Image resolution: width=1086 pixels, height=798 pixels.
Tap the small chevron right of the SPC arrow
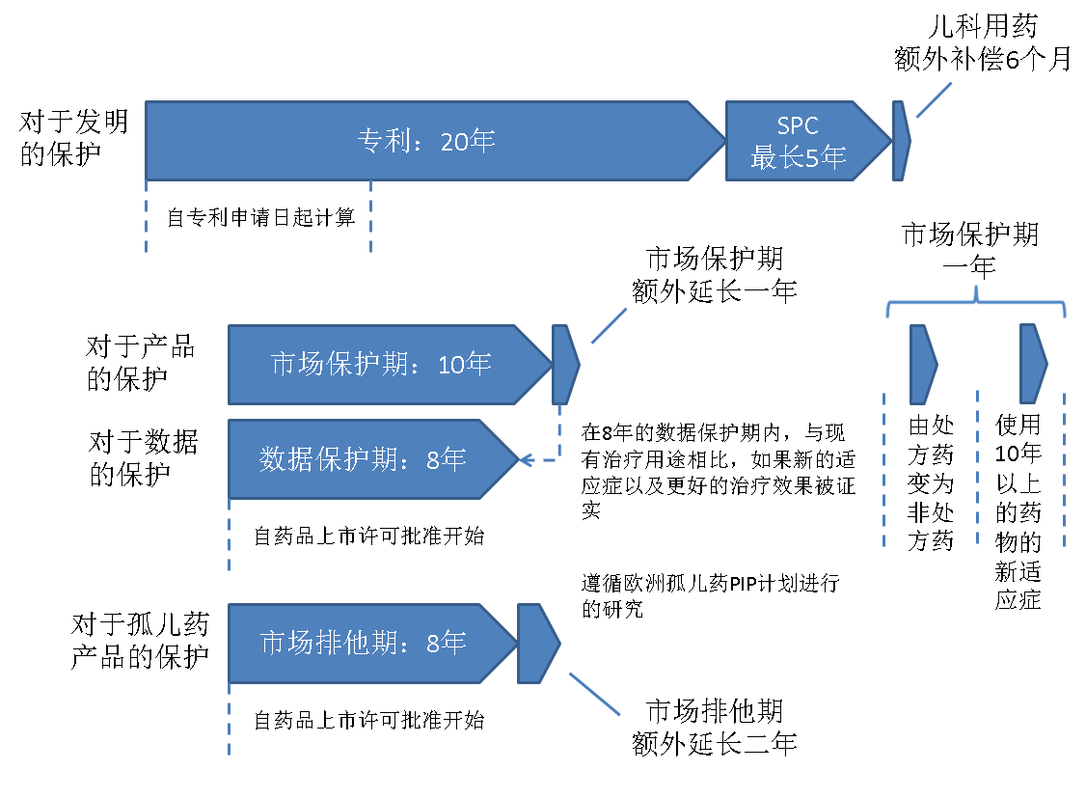click(x=901, y=141)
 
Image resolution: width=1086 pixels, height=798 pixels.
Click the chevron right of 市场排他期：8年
click(x=538, y=644)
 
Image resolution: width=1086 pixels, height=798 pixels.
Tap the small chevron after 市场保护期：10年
click(x=565, y=365)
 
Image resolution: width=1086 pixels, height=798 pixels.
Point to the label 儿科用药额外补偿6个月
click(x=983, y=43)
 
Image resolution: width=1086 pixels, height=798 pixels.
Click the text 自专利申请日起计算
click(x=261, y=217)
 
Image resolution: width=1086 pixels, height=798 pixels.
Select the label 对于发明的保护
click(x=73, y=138)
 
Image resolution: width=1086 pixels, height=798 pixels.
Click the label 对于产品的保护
click(x=141, y=362)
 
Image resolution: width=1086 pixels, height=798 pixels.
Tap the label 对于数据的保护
click(x=144, y=458)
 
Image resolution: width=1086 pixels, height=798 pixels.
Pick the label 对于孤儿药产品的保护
click(x=140, y=641)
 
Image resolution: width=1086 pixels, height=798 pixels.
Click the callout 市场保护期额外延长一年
click(x=714, y=275)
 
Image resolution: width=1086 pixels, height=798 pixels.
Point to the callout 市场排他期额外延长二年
click(x=714, y=728)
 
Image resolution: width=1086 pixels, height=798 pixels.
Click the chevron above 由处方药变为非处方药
click(x=923, y=365)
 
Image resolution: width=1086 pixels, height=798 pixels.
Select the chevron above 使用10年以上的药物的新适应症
click(x=1033, y=364)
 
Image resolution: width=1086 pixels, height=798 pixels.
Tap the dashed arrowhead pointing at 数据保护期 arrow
click(x=527, y=460)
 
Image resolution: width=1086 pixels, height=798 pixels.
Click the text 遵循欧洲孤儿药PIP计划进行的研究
click(x=711, y=595)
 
